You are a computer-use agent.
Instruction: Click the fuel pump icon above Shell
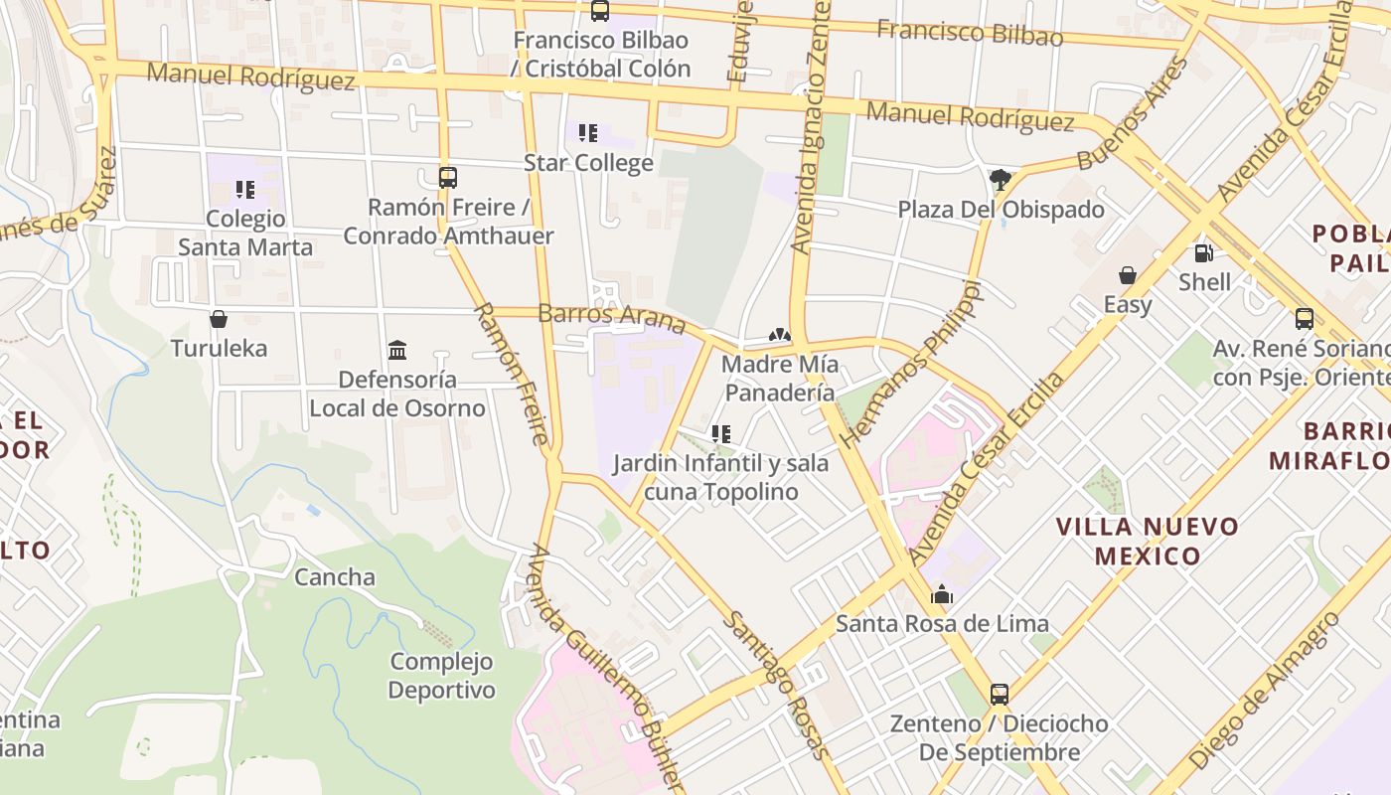(1203, 253)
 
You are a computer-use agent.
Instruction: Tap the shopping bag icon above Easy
(1127, 275)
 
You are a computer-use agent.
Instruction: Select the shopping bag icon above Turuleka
(219, 319)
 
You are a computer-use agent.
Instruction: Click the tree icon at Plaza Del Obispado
(1001, 180)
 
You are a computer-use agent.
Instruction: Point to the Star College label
(588, 162)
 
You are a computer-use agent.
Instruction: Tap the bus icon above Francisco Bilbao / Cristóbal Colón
(599, 11)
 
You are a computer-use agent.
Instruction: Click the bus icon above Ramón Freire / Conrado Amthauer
(448, 178)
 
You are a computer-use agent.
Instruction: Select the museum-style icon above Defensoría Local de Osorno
(397, 350)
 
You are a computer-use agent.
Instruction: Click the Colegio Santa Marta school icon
(245, 189)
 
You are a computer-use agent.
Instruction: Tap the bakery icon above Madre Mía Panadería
(780, 336)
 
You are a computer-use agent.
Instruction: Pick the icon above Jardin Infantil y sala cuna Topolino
(721, 434)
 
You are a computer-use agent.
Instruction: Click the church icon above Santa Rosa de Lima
(941, 595)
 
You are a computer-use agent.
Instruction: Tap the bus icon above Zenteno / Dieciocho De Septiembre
(999, 694)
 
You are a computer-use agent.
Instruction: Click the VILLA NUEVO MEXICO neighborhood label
(1148, 541)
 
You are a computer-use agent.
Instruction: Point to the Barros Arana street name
(611, 318)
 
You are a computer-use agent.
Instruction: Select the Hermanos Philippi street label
(910, 363)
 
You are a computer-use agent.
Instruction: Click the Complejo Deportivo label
(441, 675)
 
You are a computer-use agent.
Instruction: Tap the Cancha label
(335, 576)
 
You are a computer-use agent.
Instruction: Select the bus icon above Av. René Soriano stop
(1305, 319)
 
